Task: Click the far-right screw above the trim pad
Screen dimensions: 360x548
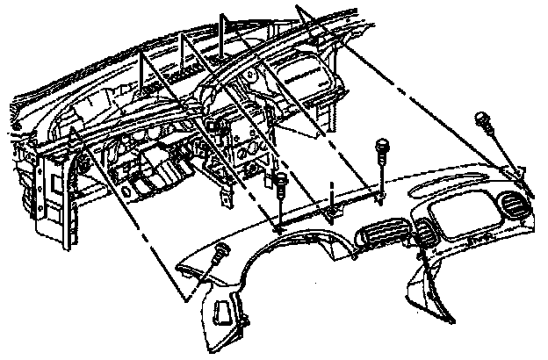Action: [483, 121]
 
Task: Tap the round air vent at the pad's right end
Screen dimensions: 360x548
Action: [511, 208]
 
